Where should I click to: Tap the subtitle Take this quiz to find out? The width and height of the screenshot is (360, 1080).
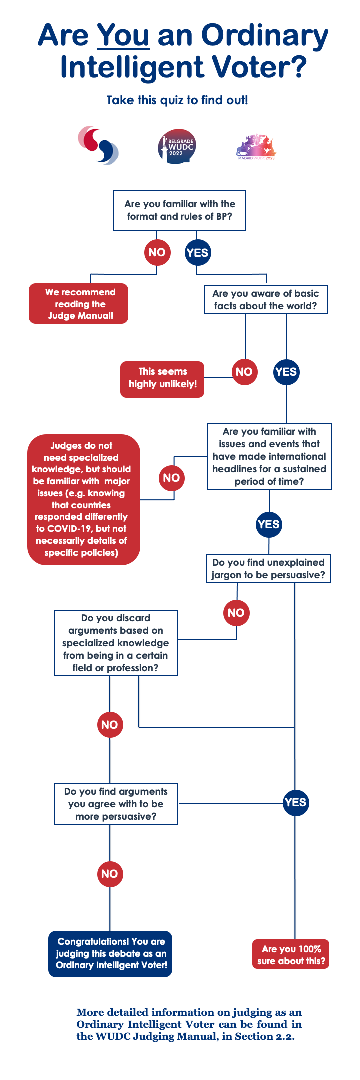coord(177,100)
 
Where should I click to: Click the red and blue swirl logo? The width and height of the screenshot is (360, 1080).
coord(98,145)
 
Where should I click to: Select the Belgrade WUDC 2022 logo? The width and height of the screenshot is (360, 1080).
coord(177,147)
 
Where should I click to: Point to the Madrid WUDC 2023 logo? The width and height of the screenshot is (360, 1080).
coord(256,147)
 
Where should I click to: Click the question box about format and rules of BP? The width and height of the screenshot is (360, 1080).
coord(180,210)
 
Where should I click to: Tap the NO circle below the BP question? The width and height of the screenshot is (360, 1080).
coord(157,252)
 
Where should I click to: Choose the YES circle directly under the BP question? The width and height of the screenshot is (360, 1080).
coord(197,252)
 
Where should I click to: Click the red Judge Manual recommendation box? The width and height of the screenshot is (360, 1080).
coord(78,304)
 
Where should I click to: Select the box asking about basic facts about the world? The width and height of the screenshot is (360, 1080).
coord(266,299)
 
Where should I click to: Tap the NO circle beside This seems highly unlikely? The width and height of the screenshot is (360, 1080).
coord(244,372)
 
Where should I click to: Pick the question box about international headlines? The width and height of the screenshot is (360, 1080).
coord(269,456)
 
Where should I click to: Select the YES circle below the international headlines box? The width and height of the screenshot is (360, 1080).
coord(269,524)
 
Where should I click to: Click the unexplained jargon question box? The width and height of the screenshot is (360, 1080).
coord(268,568)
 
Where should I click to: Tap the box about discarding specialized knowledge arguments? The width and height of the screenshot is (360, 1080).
coord(116,643)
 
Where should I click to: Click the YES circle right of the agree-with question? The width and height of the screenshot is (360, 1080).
coord(295,802)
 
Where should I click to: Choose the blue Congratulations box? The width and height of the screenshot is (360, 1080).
coord(110,953)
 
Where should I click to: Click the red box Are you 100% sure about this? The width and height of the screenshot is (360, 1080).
coord(291,954)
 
